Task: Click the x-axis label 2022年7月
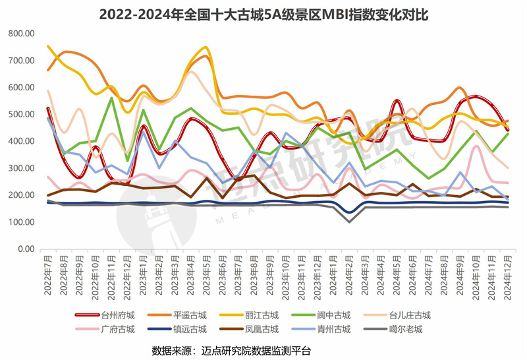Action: click(x=47, y=276)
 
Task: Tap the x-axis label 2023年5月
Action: click(x=205, y=276)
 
